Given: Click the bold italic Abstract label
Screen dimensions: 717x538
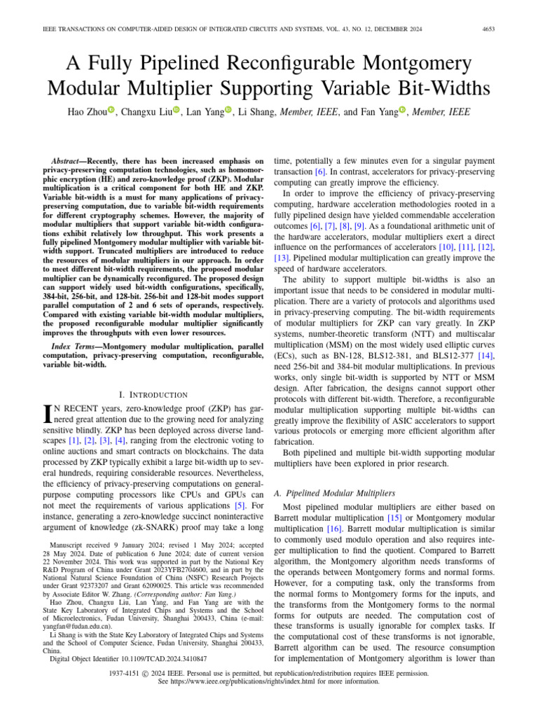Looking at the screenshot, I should (74, 160).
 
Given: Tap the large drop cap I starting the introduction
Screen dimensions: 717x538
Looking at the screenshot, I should (48, 413).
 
